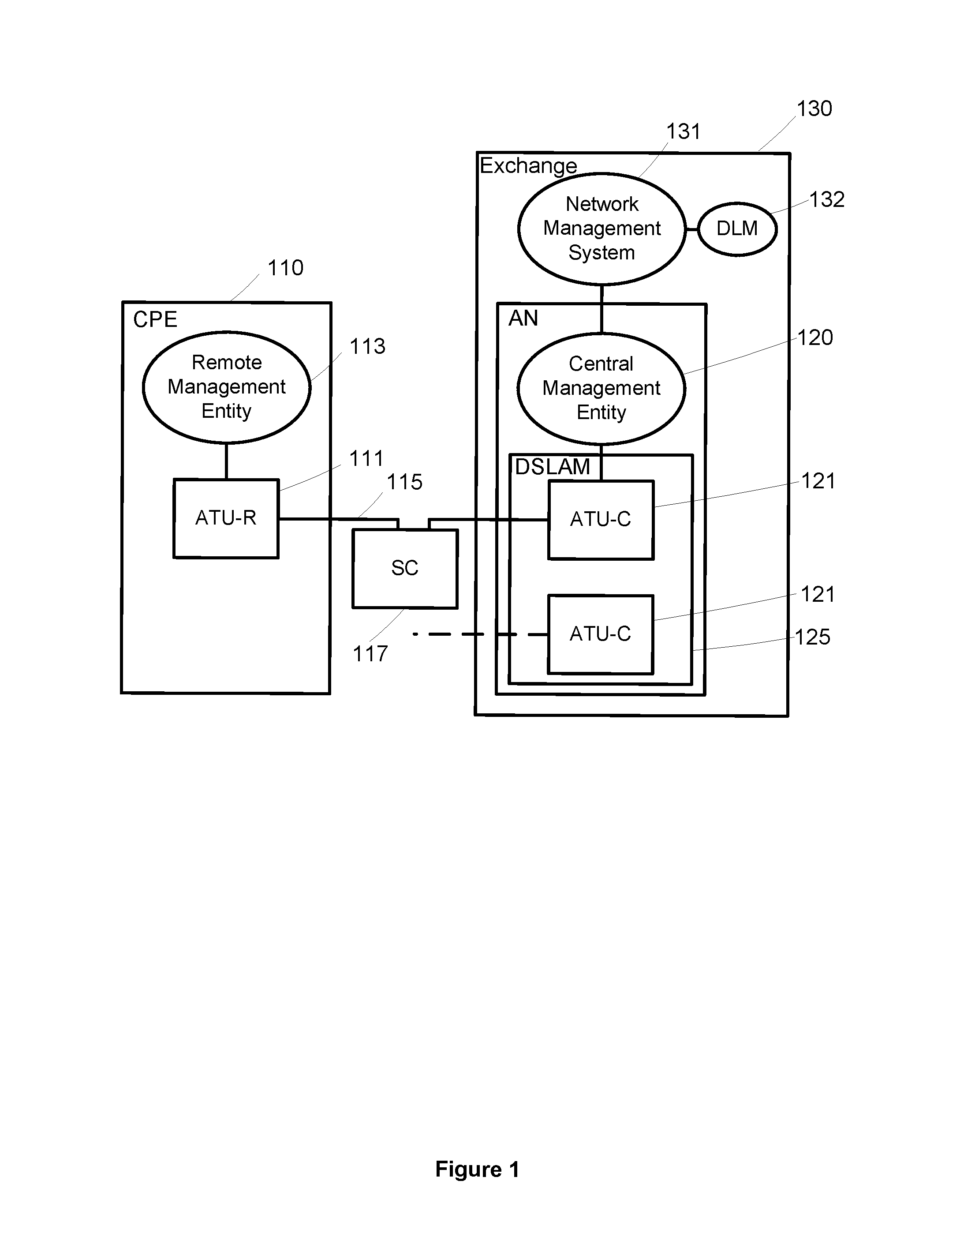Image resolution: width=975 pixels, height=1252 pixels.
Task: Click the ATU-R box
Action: [226, 518]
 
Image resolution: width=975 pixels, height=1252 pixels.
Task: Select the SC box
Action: [405, 568]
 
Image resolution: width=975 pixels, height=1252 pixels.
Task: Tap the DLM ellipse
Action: [737, 229]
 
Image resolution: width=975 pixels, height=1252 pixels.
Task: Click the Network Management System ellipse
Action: [601, 229]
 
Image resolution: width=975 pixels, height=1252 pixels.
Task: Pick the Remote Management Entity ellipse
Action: [226, 387]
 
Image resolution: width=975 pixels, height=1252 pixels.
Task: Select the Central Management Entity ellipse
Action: [601, 388]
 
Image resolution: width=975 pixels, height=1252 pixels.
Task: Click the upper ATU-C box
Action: [601, 519]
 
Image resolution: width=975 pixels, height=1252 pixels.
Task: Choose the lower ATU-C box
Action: [600, 634]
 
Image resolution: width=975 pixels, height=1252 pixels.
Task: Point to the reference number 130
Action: [814, 109]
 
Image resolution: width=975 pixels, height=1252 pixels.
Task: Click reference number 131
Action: [683, 132]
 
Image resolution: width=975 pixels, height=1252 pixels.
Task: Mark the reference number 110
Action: [285, 268]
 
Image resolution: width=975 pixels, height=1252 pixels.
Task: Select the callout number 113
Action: [367, 347]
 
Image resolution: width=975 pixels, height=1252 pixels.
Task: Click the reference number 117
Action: [370, 654]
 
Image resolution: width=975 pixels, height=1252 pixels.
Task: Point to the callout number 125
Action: [813, 637]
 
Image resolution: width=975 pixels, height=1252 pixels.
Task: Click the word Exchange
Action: [528, 166]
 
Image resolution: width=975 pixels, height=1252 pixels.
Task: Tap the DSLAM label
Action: [552, 467]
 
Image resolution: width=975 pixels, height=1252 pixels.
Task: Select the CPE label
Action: [155, 320]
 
